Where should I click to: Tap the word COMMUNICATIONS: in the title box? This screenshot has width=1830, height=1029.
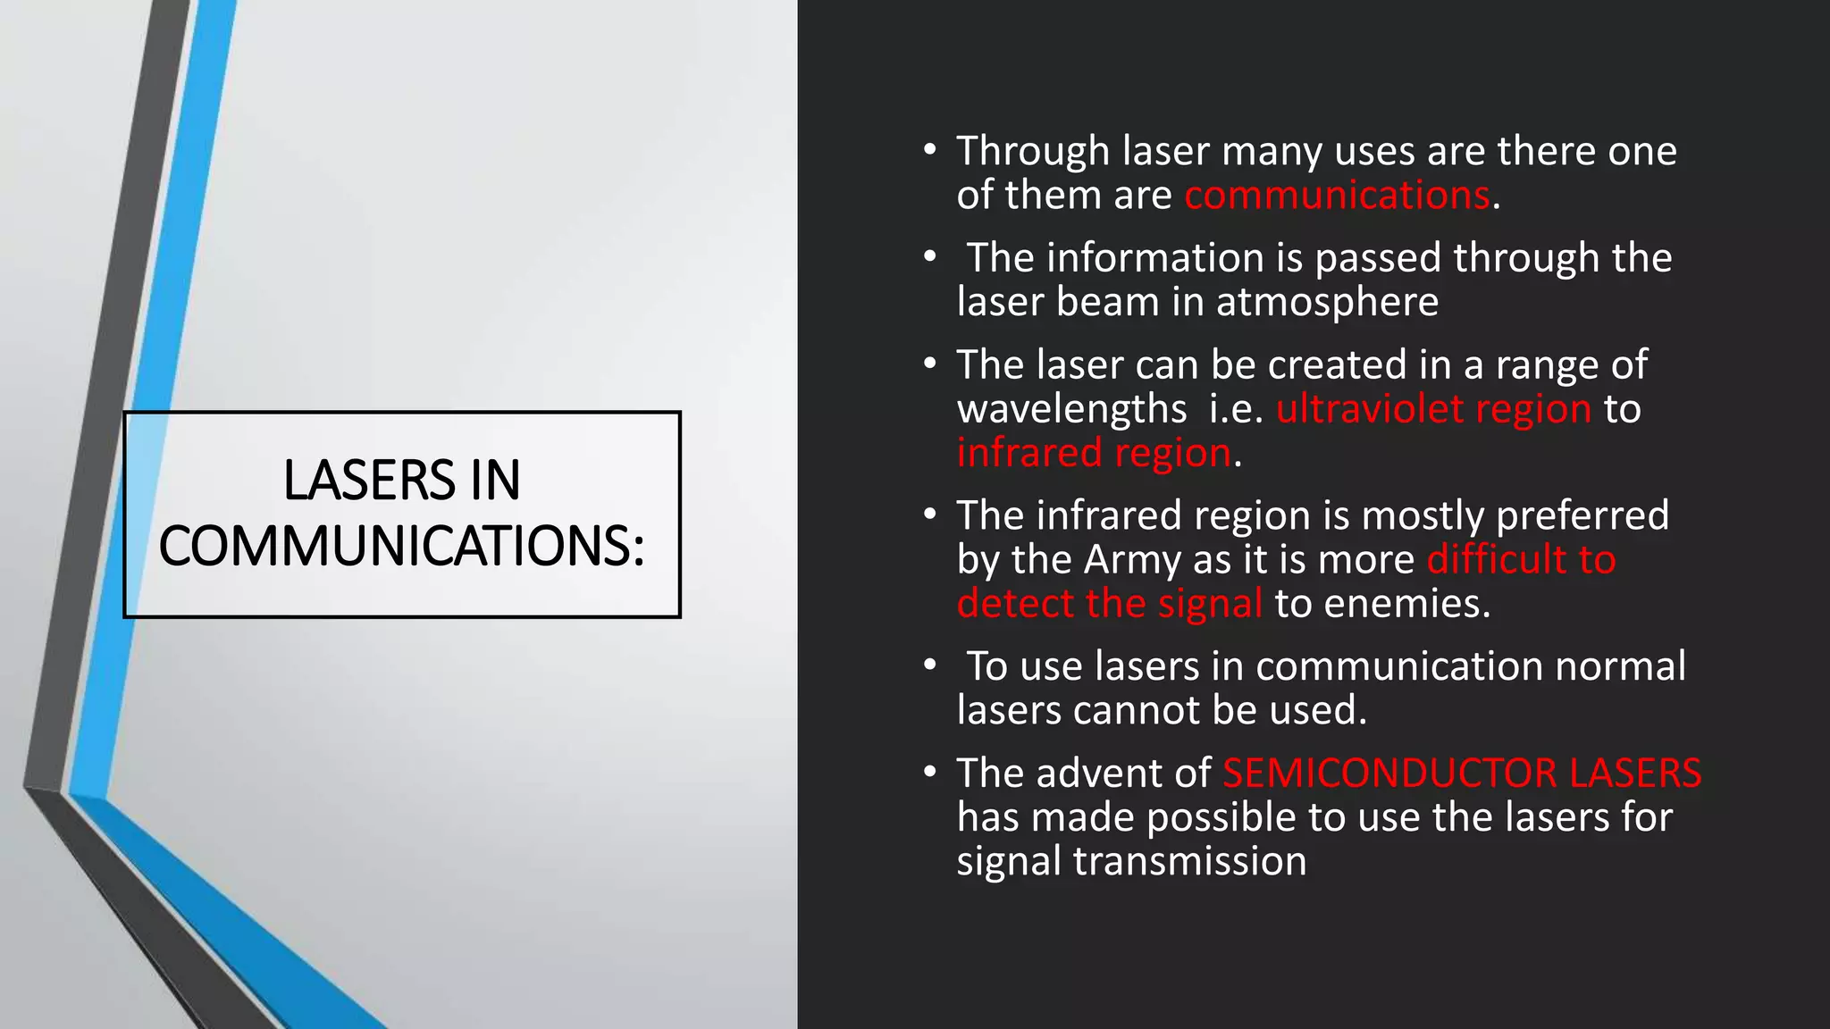click(x=401, y=546)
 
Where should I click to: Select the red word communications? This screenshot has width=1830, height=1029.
click(x=1337, y=195)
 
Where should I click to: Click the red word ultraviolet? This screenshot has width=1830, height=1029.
click(x=1369, y=409)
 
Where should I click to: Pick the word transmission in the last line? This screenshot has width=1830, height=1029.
click(x=1189, y=861)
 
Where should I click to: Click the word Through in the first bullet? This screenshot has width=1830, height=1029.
click(x=1032, y=152)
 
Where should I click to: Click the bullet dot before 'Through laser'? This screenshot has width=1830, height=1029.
click(x=930, y=150)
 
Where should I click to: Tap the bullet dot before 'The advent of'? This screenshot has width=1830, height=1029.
click(x=930, y=772)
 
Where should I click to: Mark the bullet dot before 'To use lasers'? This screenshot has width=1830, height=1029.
click(x=930, y=665)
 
